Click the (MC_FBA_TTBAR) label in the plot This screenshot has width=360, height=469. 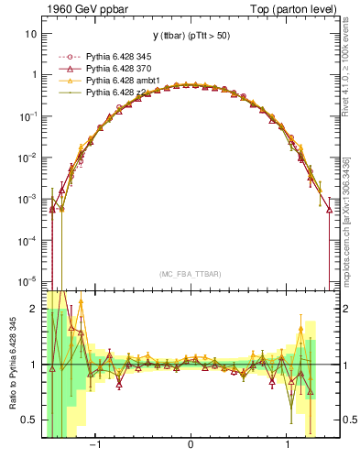click(x=190, y=273)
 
